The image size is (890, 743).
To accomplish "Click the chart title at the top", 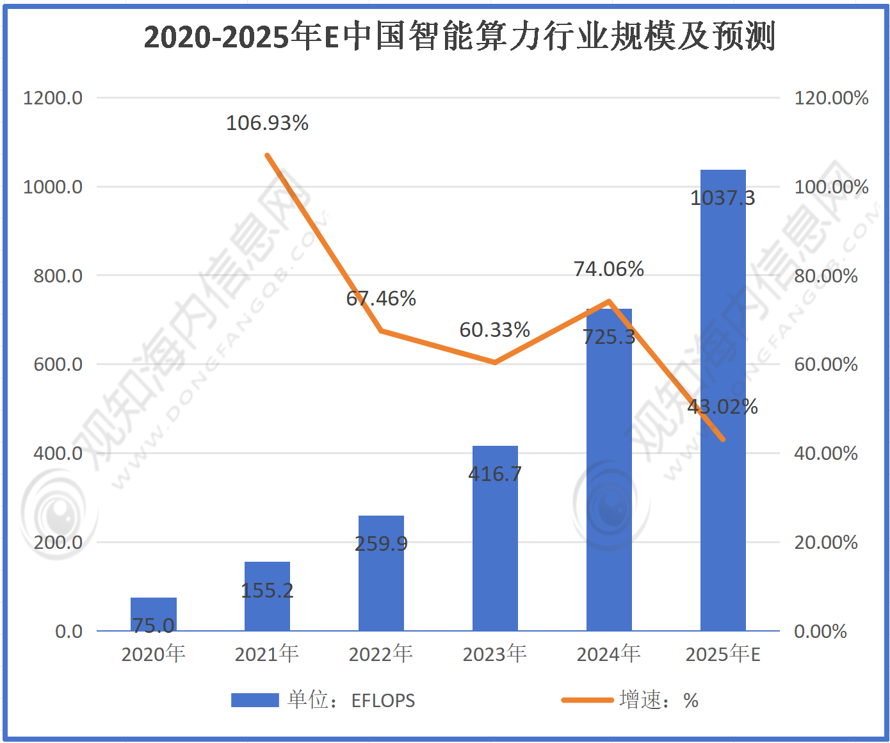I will pos(459,37).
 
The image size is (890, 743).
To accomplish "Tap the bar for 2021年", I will pos(267,596).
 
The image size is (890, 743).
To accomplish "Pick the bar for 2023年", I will pos(495,538).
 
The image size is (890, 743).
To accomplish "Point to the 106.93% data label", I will pos(267,122).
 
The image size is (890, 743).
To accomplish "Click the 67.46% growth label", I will pos(381,298).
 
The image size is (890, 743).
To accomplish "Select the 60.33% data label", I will pos(495,330).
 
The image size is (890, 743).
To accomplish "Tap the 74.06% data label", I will pos(609,269).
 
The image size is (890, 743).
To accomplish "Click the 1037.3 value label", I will pos(723,198).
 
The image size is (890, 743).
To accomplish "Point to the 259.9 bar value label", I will pos(381,544).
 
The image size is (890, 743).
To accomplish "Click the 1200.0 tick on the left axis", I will pos(53,98).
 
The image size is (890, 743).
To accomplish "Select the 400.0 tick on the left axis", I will pos(58,453).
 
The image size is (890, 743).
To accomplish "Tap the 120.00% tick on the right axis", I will pos(831,98).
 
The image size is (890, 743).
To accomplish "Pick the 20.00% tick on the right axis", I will pos(826,543).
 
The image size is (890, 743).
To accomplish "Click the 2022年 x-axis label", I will pos(381,654).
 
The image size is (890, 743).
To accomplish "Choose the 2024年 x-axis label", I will pos(609,654).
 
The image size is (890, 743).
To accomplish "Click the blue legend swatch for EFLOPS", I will pos(255,700).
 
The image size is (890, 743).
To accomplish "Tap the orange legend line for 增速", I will pos(587,700).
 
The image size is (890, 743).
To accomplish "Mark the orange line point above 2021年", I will pos(267,155).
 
